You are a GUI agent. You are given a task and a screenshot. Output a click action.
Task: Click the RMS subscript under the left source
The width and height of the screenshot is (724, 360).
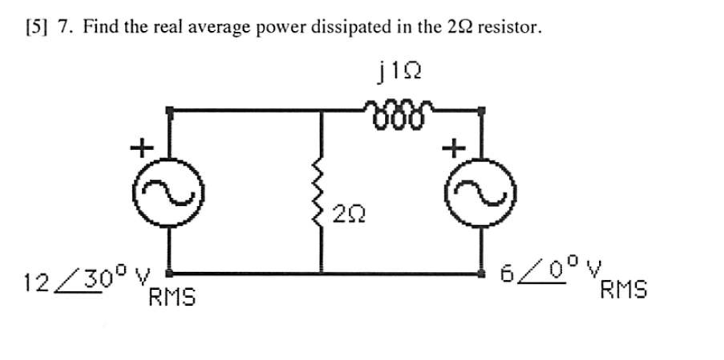click(172, 298)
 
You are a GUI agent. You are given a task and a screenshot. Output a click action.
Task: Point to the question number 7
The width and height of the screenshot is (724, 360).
click(64, 27)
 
